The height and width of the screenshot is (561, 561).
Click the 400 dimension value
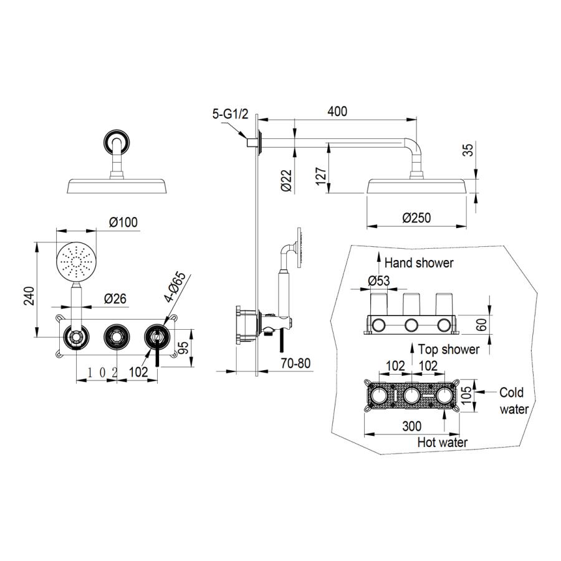pos(337,112)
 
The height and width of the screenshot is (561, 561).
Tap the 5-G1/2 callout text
pos(230,114)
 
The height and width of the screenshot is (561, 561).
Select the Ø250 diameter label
pos(416,218)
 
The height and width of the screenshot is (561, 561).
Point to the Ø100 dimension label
pos(123,222)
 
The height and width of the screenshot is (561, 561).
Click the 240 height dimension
pos(29,295)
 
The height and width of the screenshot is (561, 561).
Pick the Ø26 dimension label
pos(115,299)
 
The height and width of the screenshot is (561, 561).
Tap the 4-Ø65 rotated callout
pos(176,287)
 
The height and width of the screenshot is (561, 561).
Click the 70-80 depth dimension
pos(295,363)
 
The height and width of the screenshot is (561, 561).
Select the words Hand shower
pos(419,263)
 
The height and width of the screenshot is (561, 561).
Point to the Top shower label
pos(449,349)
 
